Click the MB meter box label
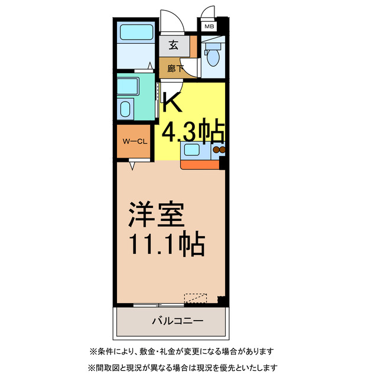click(208, 27)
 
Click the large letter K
click(172, 102)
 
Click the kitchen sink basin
click(193, 150)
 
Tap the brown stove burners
click(219, 151)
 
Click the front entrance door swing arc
click(170, 20)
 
